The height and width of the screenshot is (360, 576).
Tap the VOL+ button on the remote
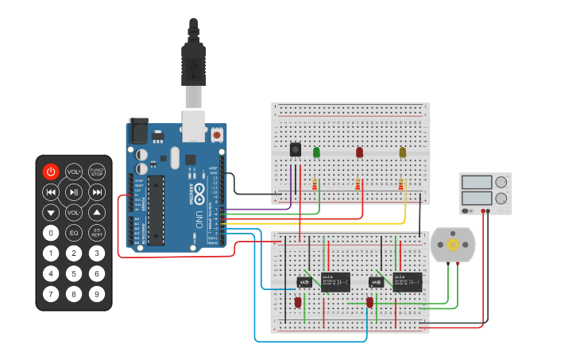(x=74, y=172)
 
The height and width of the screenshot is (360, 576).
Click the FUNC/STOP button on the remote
(x=97, y=172)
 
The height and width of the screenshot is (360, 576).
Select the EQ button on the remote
(x=74, y=233)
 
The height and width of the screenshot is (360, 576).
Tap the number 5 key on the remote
(x=74, y=274)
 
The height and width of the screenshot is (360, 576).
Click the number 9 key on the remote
(x=97, y=295)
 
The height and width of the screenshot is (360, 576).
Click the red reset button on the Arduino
(x=216, y=135)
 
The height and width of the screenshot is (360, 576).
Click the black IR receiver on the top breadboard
(x=296, y=149)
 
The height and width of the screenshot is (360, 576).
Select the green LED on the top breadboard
(x=316, y=152)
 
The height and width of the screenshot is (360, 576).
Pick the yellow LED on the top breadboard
(x=402, y=152)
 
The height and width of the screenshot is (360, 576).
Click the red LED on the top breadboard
(x=359, y=152)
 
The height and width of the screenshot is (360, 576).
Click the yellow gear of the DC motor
(x=453, y=245)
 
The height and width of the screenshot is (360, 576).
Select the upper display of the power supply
(x=477, y=182)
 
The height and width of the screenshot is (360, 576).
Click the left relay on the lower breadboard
(x=335, y=281)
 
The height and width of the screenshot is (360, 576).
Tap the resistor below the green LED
(x=315, y=185)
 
